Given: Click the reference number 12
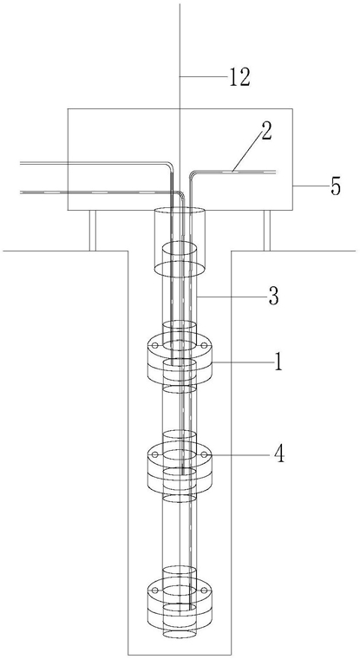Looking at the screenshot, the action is click(x=239, y=77).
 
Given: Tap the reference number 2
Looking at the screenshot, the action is click(x=265, y=131).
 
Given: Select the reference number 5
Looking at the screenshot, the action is click(x=335, y=186).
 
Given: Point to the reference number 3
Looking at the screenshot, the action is click(x=274, y=297).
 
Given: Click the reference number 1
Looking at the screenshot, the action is click(x=277, y=362).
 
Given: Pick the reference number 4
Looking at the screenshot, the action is click(x=278, y=454).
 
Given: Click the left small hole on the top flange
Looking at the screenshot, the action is click(x=155, y=345).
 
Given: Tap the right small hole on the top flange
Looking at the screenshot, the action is click(x=204, y=345).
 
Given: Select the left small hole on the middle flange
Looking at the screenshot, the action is click(x=155, y=454).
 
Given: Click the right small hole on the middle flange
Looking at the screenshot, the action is click(x=204, y=454).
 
